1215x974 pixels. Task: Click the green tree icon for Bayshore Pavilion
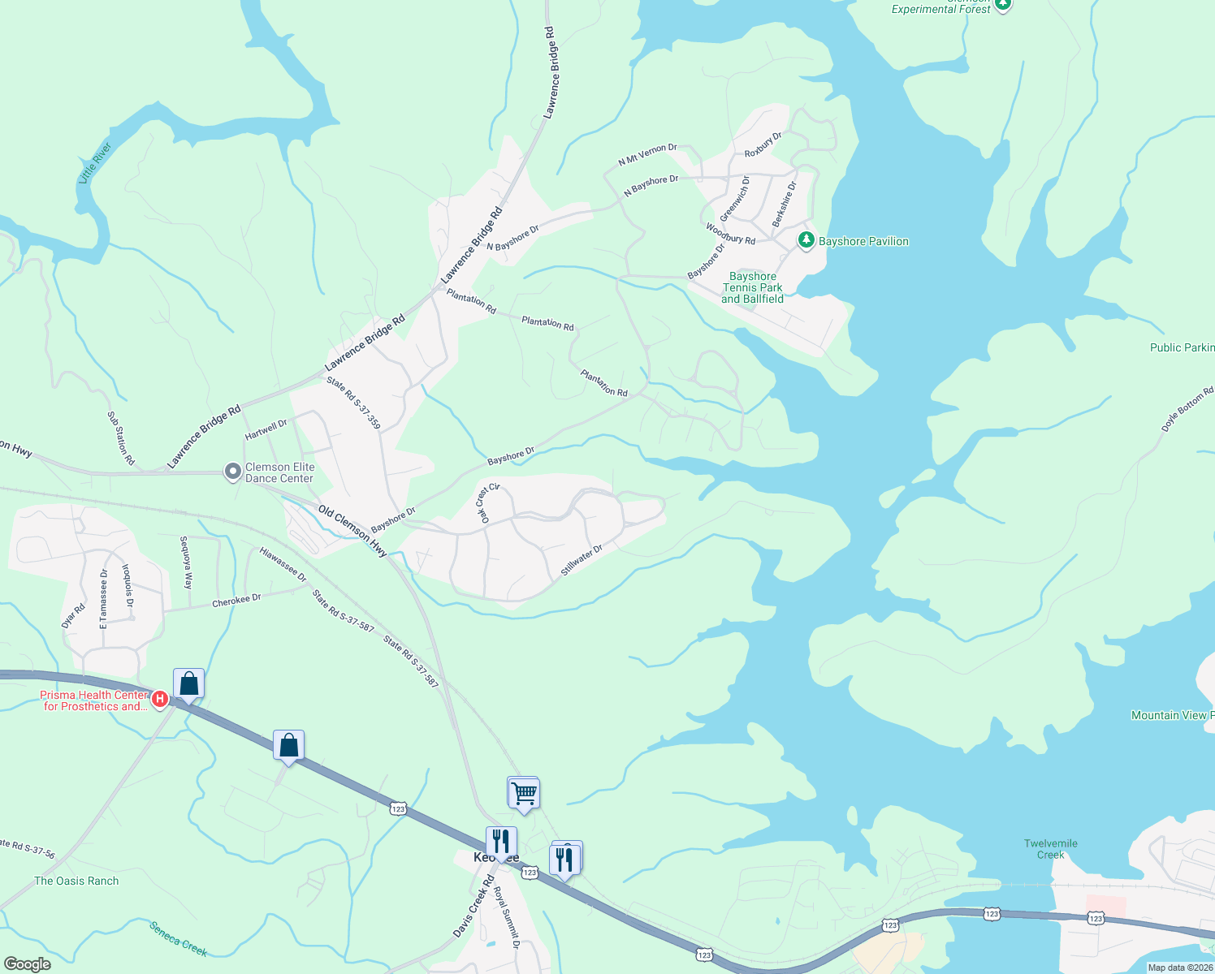click(806, 240)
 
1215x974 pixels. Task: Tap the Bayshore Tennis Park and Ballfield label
click(753, 288)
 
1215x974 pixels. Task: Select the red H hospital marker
click(160, 698)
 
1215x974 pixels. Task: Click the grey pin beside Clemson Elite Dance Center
click(233, 472)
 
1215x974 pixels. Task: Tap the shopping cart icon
click(524, 792)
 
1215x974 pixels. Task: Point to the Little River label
click(95, 163)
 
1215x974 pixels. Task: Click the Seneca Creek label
click(179, 938)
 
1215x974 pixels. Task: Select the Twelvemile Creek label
click(1050, 849)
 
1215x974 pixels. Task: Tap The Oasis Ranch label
click(76, 881)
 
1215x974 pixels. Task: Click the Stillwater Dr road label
click(582, 561)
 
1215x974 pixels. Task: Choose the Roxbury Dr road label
click(763, 144)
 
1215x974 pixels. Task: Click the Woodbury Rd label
click(730, 234)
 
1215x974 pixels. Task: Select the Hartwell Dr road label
click(266, 429)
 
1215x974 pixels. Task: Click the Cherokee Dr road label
click(236, 601)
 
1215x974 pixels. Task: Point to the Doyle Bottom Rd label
click(1187, 408)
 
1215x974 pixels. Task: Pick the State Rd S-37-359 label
click(353, 402)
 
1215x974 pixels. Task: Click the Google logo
click(28, 964)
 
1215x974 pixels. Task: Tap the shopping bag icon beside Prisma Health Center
click(188, 683)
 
